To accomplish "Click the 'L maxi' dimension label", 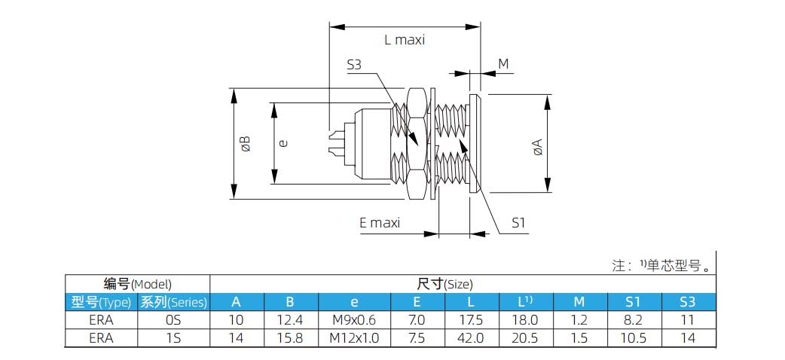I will point(405,40).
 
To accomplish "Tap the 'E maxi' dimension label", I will point(380,222).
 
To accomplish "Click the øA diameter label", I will point(536,146).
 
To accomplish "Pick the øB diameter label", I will point(246,144).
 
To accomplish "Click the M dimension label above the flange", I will point(503,64).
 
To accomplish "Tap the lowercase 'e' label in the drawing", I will point(284,142).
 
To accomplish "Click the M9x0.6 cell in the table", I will point(354,320).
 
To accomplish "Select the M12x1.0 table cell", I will point(354,338).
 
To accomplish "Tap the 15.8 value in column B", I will point(290,338).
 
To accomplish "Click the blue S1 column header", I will point(633,302).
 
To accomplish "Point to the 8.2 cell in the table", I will point(633,320).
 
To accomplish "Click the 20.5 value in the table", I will point(526,338).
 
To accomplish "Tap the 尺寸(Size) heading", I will point(444,284).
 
